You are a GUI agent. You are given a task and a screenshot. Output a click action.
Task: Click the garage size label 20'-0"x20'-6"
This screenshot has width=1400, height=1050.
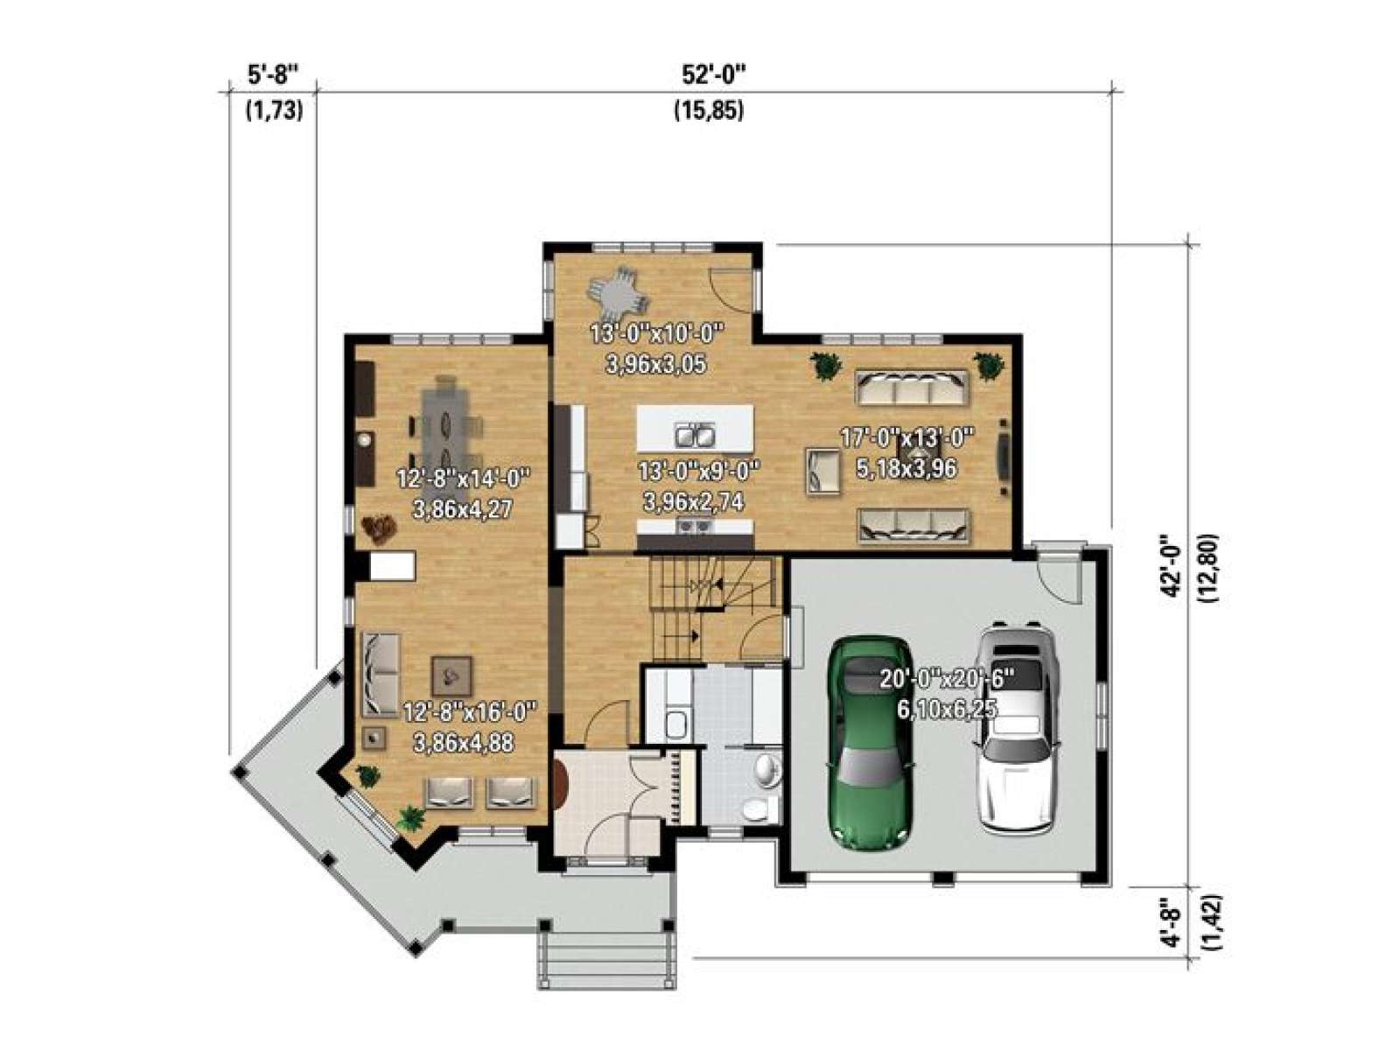(946, 680)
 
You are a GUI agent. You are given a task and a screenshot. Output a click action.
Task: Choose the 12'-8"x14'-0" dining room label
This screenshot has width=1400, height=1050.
(464, 478)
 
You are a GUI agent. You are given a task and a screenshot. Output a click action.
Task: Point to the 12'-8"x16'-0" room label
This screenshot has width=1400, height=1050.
(470, 712)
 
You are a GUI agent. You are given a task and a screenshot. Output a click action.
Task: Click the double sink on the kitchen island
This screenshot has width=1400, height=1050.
(695, 436)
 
